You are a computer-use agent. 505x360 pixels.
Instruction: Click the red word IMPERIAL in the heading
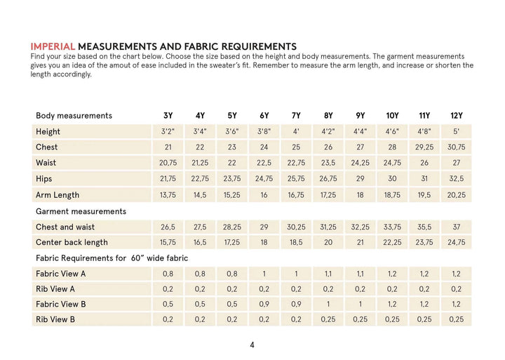53,46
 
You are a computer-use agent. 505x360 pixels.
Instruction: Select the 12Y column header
456,115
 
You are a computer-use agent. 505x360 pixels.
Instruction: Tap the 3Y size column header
168,115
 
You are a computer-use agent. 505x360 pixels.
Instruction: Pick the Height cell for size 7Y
296,131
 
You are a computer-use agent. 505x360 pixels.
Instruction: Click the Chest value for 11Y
424,147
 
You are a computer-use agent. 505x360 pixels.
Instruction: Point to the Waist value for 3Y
168,163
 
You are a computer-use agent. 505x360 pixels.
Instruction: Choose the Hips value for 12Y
456,179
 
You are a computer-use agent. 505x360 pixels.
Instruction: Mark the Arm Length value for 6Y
264,195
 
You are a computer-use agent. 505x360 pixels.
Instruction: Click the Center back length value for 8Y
328,242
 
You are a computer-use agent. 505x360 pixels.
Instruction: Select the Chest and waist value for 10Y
392,227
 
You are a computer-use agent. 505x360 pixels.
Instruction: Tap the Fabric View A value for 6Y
264,274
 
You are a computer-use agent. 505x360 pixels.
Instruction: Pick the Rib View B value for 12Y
456,319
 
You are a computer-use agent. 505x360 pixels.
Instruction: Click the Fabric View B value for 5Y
232,304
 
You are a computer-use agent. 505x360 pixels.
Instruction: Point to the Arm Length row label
58,195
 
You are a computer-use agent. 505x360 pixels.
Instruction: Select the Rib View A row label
55,288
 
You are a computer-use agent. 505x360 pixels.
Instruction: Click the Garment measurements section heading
81,211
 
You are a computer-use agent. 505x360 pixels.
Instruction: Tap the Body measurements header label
74,115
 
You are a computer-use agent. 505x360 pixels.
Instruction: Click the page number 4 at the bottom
252,345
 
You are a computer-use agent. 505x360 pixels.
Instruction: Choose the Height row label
48,131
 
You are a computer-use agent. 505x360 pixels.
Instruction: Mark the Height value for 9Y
360,131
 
